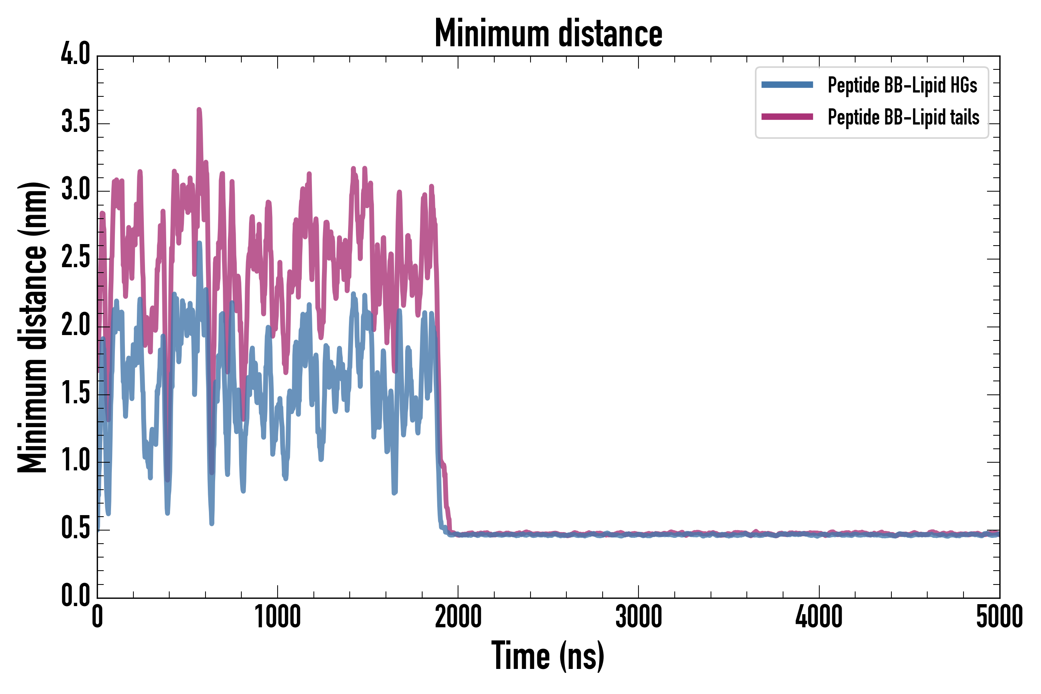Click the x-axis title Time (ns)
point(547,656)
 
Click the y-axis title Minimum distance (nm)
point(32,327)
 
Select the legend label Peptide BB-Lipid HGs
point(902,85)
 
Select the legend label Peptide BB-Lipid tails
point(903,117)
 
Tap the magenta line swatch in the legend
point(787,117)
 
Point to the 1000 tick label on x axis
point(278,617)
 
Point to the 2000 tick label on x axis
point(458,617)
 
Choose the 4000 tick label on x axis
point(819,617)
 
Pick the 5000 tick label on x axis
point(999,617)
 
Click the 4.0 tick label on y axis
point(75,55)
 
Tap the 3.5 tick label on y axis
point(75,123)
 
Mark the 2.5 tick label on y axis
point(75,258)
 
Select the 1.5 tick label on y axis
point(75,394)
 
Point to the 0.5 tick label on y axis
point(75,529)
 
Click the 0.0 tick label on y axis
point(75,596)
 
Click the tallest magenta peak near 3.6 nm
point(199,110)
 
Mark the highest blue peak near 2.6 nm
point(200,243)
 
